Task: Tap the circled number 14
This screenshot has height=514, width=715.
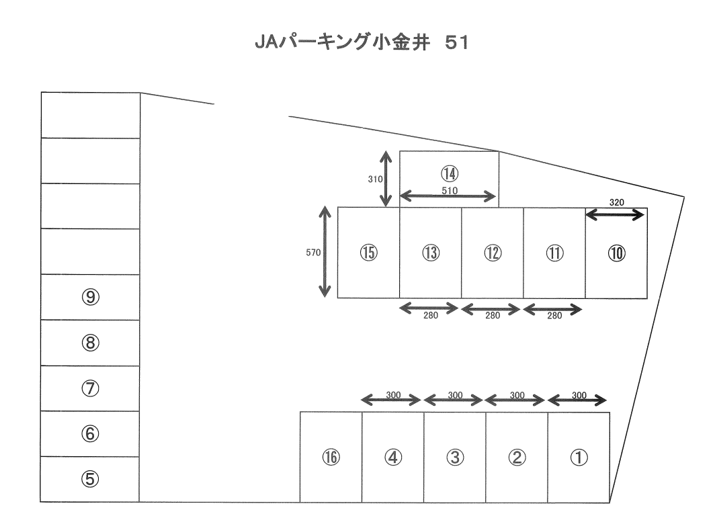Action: [x=450, y=173]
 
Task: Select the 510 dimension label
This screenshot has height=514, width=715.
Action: [x=450, y=189]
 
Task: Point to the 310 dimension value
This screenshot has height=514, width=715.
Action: [x=374, y=179]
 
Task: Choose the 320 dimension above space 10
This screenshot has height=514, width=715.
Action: [x=616, y=202]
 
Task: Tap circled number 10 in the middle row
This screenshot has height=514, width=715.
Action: [x=616, y=253]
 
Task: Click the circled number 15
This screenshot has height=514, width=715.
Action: [x=368, y=253]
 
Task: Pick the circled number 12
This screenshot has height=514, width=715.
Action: [x=492, y=253]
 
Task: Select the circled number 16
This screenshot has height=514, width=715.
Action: [x=331, y=458]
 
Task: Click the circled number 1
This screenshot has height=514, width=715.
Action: [x=579, y=458]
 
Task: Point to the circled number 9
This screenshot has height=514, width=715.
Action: [x=90, y=297]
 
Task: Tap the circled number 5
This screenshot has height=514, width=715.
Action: [x=90, y=479]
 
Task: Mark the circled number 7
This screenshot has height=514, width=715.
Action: [x=90, y=388]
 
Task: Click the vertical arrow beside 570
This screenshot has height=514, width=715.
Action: [x=325, y=252]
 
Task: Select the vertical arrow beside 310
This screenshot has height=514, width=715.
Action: [x=386, y=179]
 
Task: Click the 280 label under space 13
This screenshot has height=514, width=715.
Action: [x=430, y=316]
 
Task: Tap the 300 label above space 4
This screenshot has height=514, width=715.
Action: [x=392, y=395]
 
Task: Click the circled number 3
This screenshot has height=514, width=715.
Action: [x=455, y=458]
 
